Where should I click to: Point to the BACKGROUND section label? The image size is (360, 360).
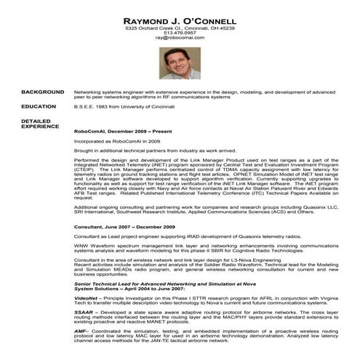point(42,92)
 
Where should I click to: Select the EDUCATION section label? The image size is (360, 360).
point(39,107)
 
